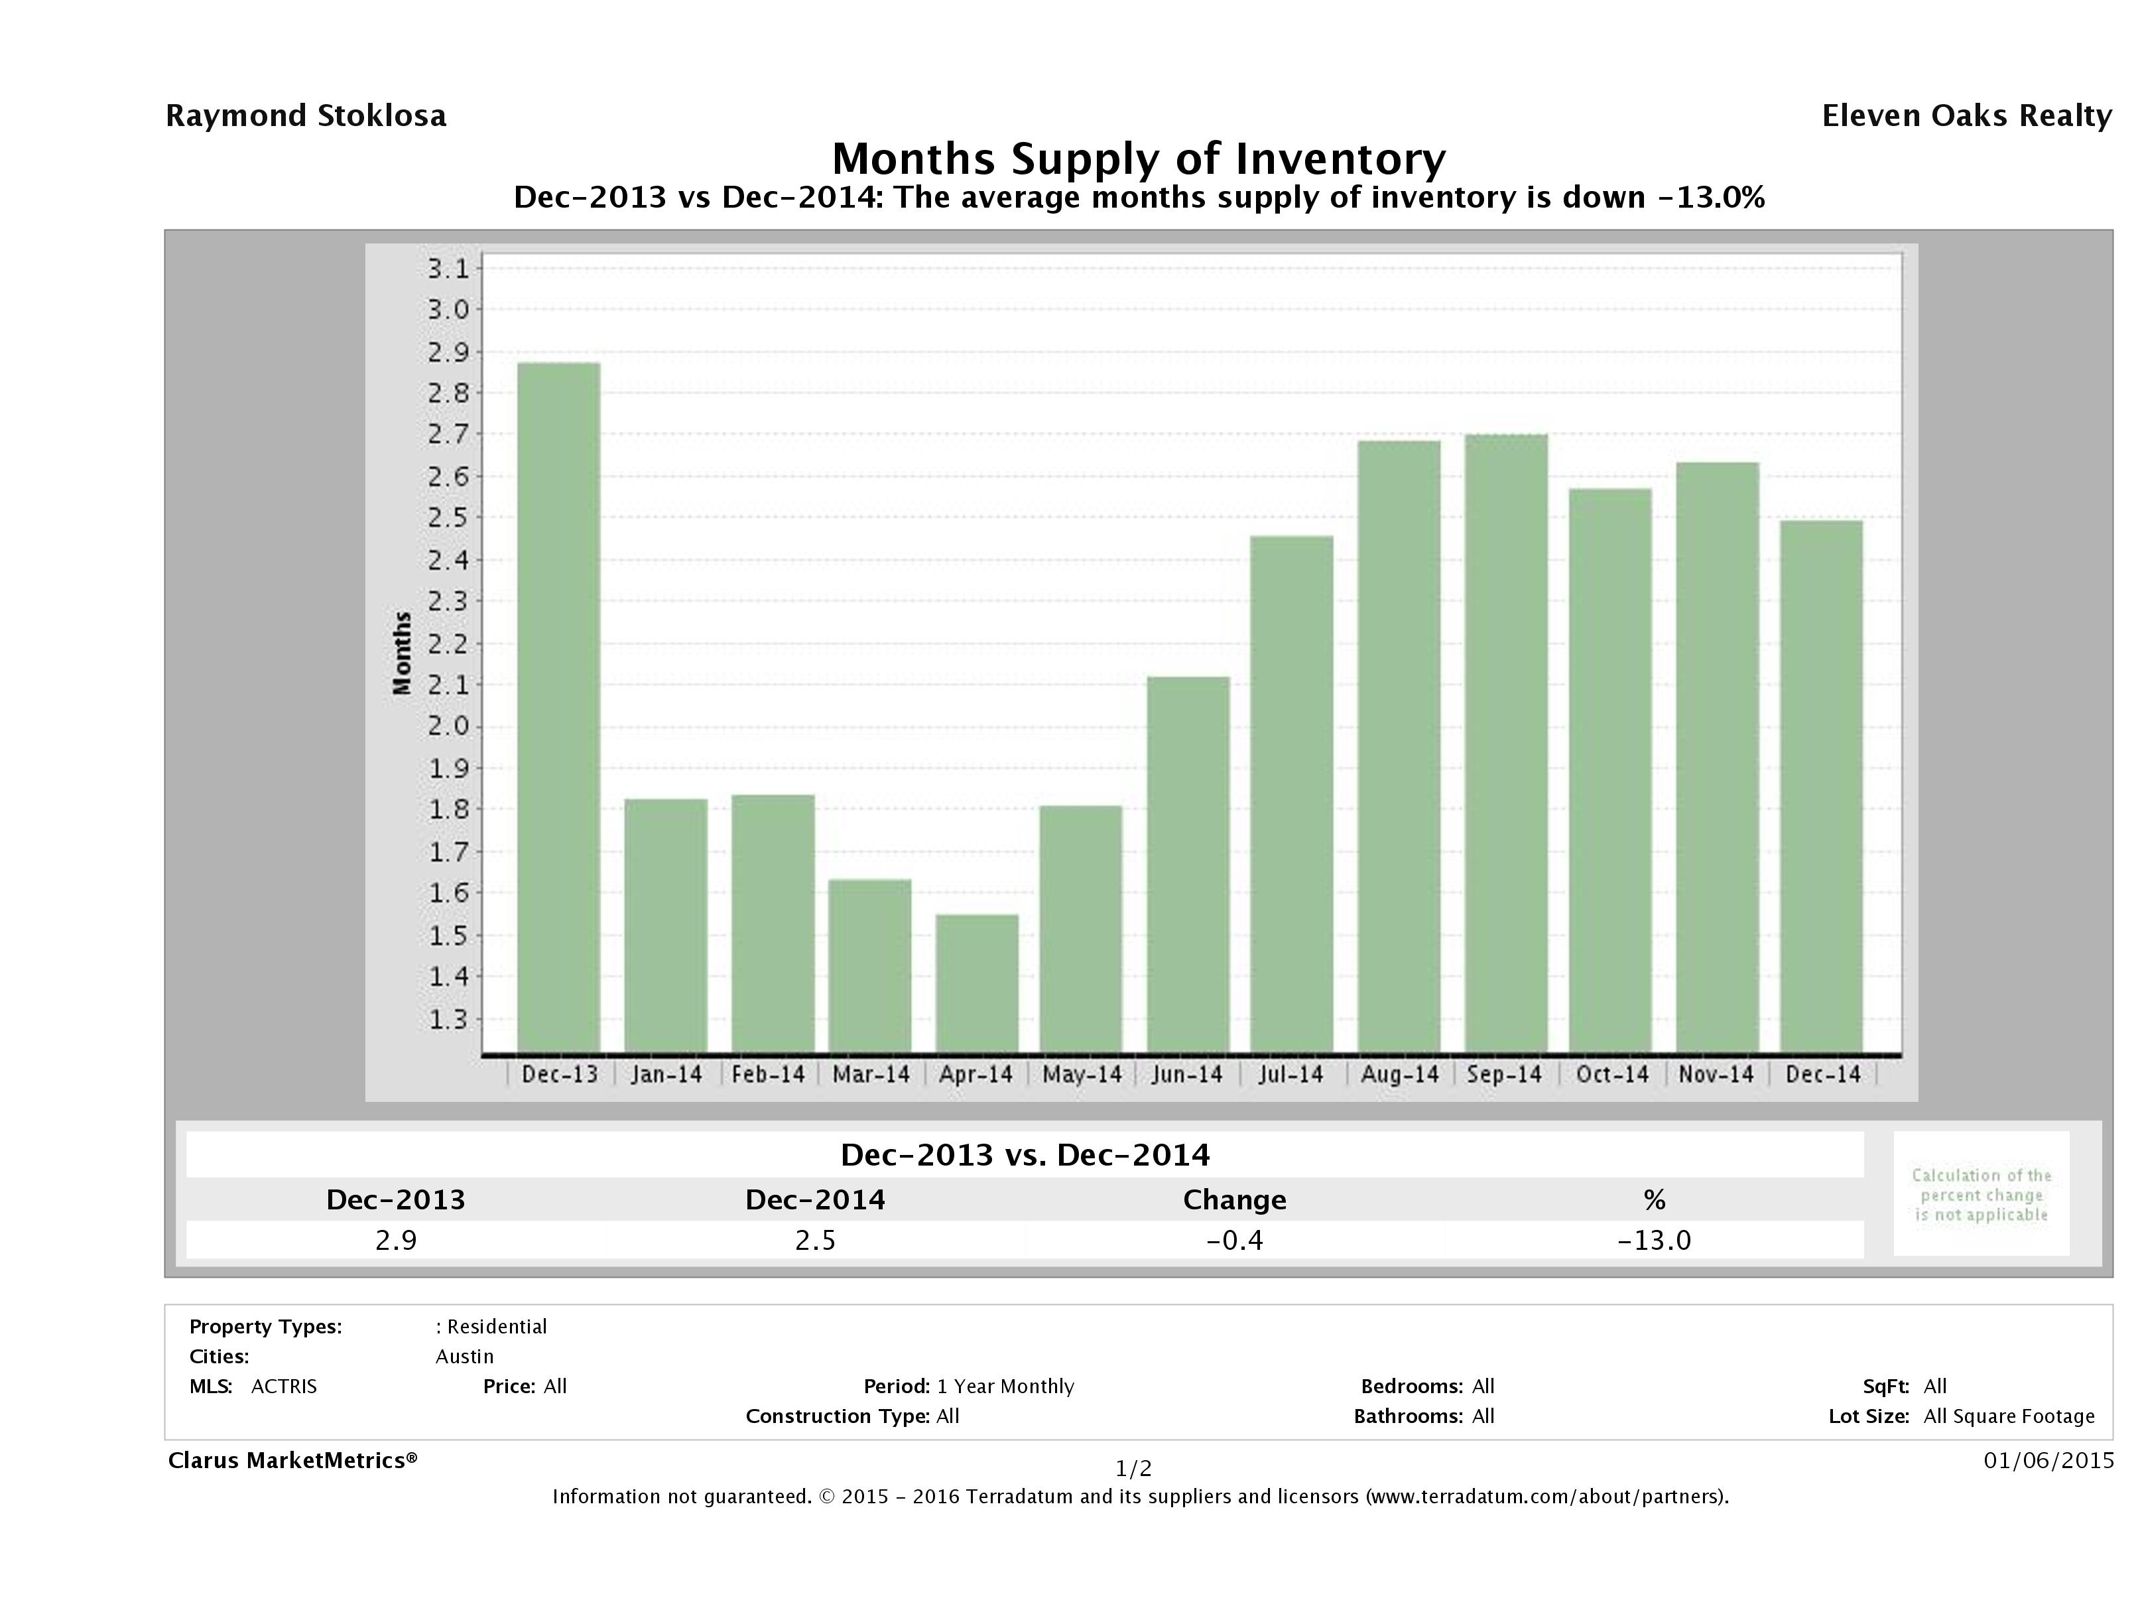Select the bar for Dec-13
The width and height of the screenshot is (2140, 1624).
pos(558,707)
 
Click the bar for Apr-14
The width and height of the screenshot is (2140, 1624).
pos(976,982)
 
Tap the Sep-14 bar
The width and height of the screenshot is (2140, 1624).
pos(1505,742)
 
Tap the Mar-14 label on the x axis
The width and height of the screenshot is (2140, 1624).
pos(871,1074)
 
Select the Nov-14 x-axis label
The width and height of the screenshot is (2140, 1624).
pos(1716,1074)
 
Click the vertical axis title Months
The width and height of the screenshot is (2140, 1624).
pos(403,653)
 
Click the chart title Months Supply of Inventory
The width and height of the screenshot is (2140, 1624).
pos(1139,159)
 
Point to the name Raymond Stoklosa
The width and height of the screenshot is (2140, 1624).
pos(306,116)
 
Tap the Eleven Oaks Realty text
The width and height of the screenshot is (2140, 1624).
pos(1966,116)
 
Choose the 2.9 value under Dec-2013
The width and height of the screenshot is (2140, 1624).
pos(396,1240)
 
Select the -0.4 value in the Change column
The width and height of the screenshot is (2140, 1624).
pos(1235,1240)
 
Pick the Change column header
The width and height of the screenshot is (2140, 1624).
pos(1235,1200)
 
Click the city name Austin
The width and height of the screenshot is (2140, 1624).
pos(464,1356)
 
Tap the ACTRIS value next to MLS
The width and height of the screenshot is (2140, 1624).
pos(283,1386)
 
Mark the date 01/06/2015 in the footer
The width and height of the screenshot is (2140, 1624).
pos(2048,1459)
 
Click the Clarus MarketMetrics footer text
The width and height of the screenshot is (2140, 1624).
pos(292,1459)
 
